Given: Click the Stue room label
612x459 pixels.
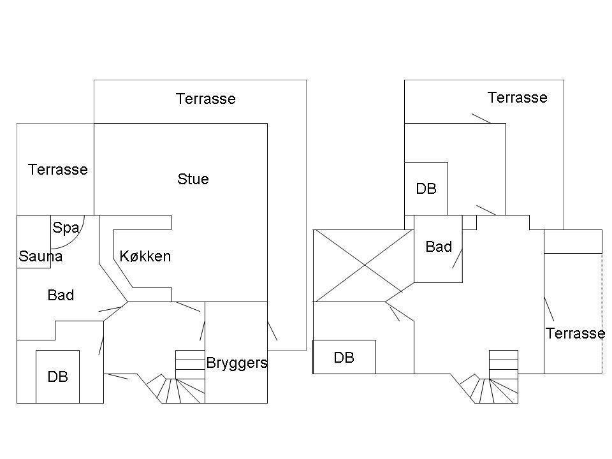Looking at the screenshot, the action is (193, 179).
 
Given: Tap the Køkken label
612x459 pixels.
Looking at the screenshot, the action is (145, 256).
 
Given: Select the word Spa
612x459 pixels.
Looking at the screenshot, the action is (66, 228).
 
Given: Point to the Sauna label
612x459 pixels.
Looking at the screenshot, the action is (41, 256).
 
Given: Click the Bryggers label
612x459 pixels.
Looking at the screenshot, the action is (237, 363).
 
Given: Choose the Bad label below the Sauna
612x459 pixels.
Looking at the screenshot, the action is (61, 295).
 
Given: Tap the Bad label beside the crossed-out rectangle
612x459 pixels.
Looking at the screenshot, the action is (439, 247).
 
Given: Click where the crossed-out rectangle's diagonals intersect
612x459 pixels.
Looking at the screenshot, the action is (365, 265).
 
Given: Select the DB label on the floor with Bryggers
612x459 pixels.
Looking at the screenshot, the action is (58, 377).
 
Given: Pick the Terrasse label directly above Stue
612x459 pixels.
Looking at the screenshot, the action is (206, 99).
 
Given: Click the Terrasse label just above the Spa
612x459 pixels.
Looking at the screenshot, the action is (58, 170).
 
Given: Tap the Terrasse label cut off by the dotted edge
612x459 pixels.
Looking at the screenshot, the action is (575, 333).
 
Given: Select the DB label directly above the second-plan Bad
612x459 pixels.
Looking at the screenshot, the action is (426, 189).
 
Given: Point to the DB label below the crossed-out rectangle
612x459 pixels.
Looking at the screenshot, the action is (344, 358).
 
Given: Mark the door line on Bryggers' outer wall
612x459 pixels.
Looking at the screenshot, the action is (272, 331).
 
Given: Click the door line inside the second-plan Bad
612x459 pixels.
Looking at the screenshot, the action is (458, 258).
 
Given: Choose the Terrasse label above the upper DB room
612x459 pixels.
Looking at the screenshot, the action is (518, 98).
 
